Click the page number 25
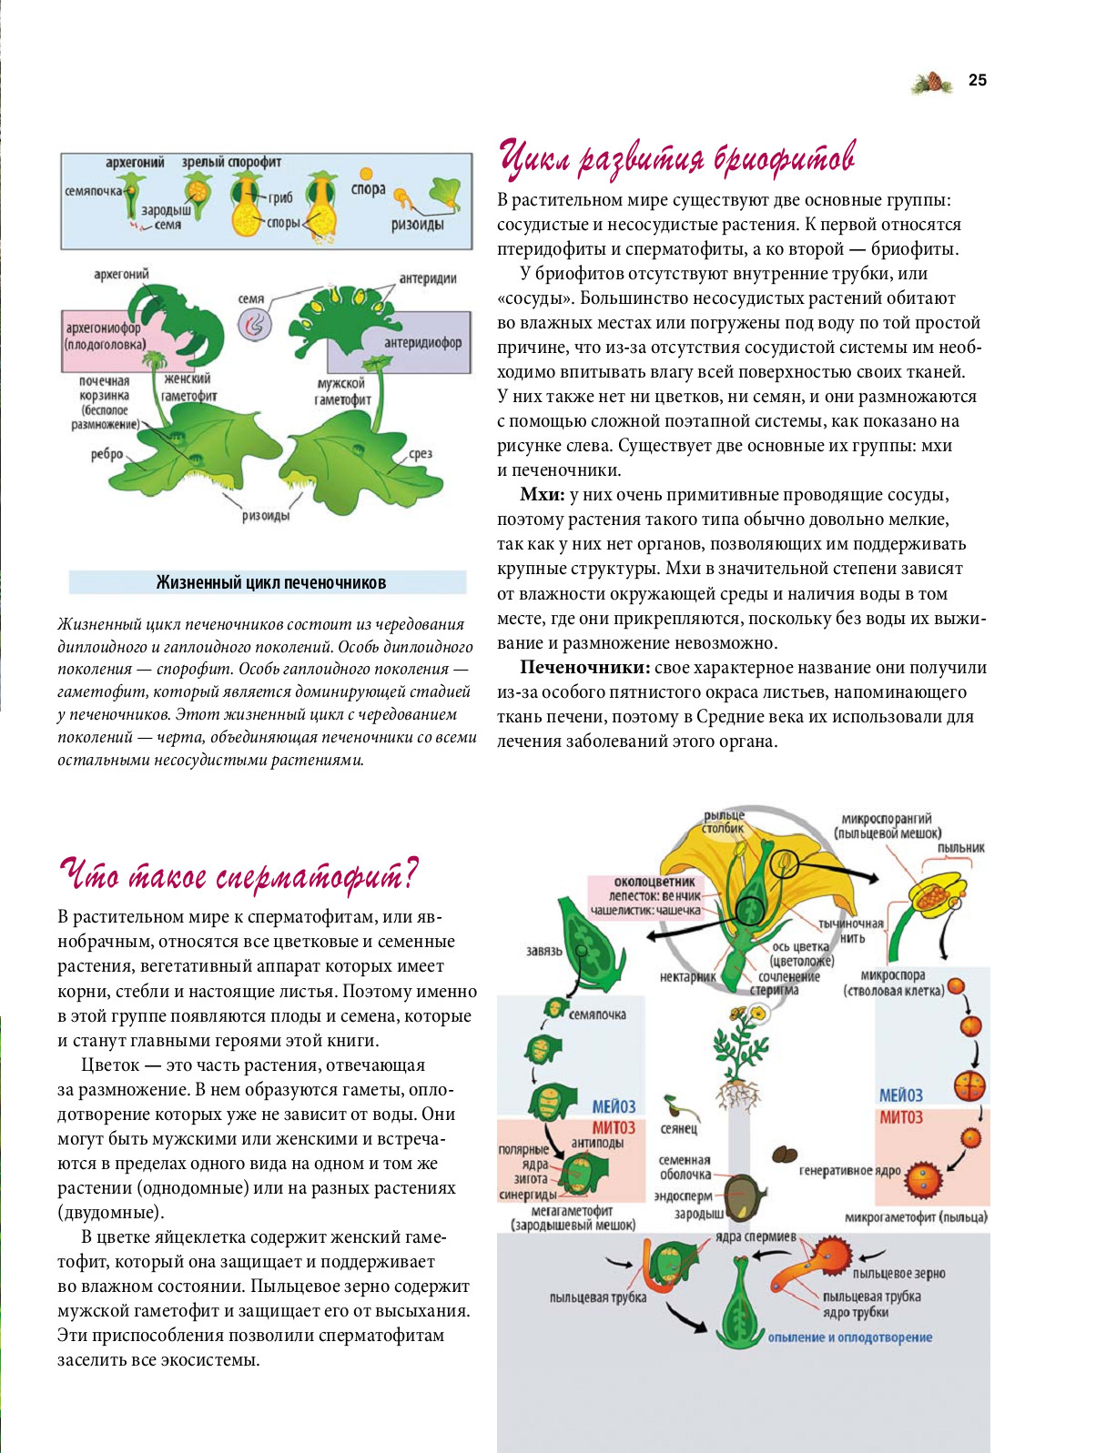click(x=977, y=80)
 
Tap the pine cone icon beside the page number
click(x=932, y=83)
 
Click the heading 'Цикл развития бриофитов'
click(x=677, y=158)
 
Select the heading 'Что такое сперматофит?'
click(x=238, y=875)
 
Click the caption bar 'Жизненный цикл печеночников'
click(x=270, y=582)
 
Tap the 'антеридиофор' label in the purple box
click(x=422, y=343)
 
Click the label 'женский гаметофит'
click(x=188, y=388)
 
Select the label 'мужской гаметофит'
click(x=342, y=391)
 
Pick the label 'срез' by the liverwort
click(x=420, y=454)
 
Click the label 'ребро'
click(x=107, y=454)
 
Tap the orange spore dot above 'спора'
click(x=366, y=173)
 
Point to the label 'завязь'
click(x=544, y=951)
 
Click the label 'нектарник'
click(x=688, y=976)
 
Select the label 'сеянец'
click(x=678, y=1128)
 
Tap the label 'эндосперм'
click(x=683, y=1196)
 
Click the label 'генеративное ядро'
click(x=849, y=1170)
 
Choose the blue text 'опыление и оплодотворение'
click(x=849, y=1337)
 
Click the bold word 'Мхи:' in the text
click(x=543, y=495)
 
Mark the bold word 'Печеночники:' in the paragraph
click(x=584, y=668)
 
